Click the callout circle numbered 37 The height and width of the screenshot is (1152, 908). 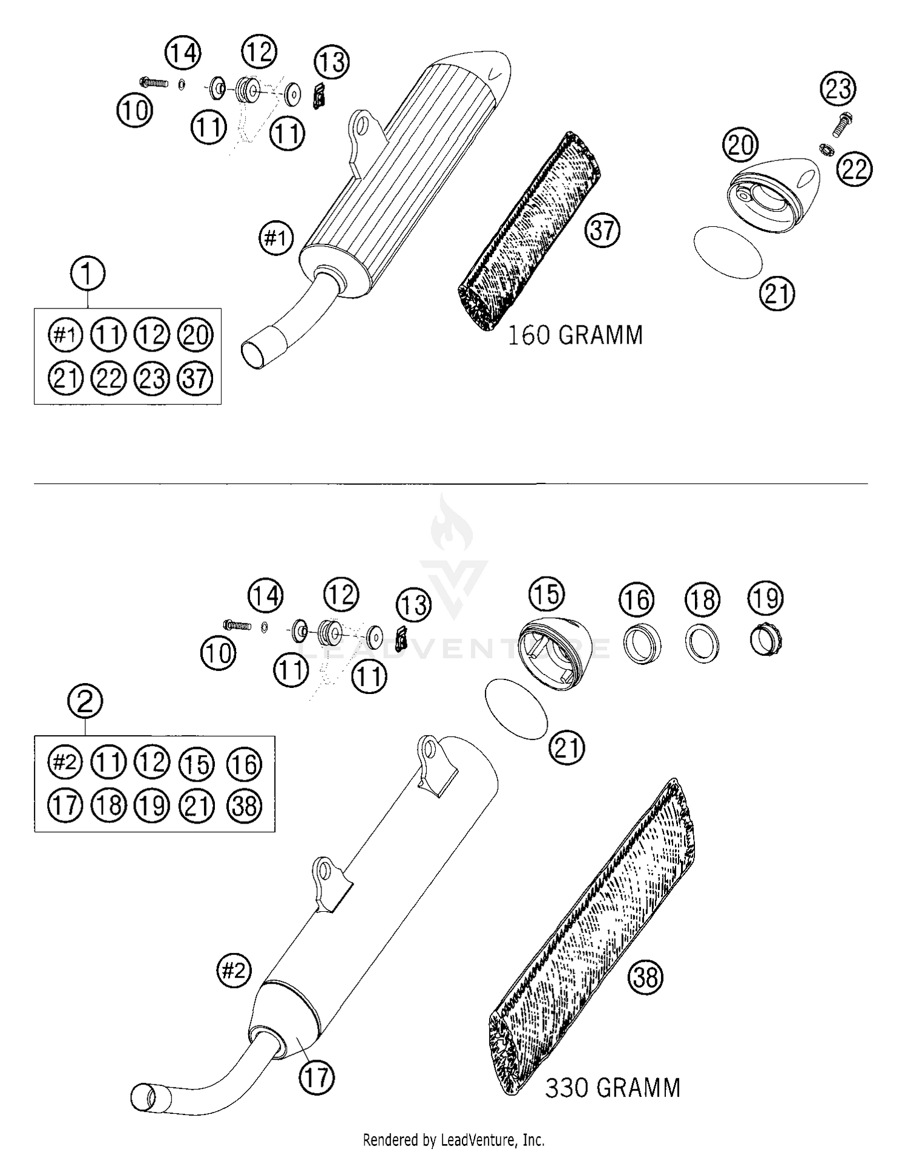(602, 230)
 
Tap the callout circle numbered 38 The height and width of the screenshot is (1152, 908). (646, 977)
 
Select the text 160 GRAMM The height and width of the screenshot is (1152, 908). (574, 335)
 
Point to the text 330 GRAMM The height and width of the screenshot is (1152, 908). (613, 1087)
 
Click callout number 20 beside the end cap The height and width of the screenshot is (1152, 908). (740, 145)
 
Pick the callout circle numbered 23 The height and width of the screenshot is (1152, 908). (838, 89)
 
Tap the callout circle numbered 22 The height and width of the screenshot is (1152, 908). (855, 169)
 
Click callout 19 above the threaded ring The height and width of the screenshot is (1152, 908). (766, 598)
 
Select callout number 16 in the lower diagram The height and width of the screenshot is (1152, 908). (637, 600)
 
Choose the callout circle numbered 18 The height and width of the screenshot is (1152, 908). (703, 600)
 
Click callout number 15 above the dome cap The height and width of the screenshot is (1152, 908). (547, 594)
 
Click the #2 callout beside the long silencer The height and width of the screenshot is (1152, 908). (234, 970)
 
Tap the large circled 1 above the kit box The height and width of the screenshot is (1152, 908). (88, 273)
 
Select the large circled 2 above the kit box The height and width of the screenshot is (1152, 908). (85, 701)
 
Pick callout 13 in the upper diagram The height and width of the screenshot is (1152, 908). (332, 62)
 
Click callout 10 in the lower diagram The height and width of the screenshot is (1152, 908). (218, 653)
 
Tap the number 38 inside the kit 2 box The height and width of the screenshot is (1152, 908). (245, 806)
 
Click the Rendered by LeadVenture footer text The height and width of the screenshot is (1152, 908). (453, 1140)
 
